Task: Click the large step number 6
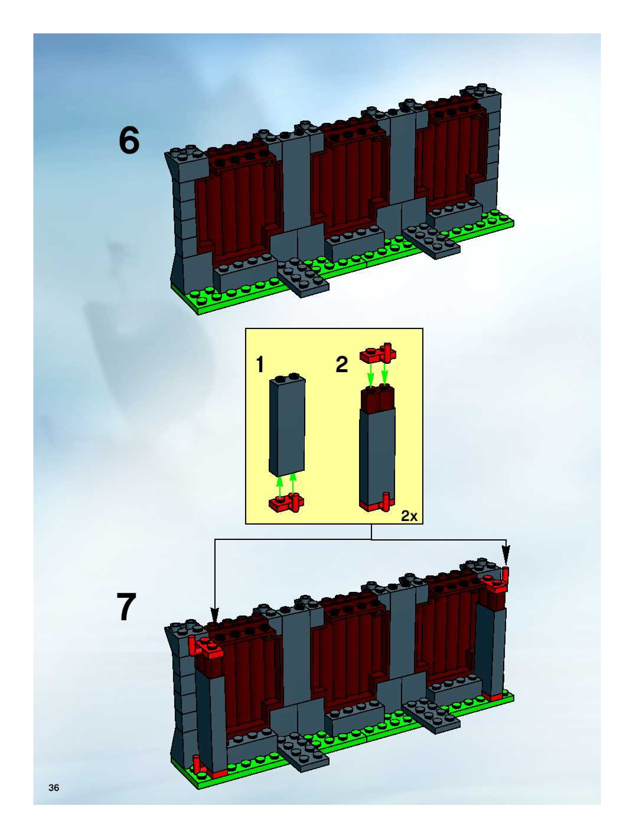click(129, 141)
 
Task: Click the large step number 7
click(126, 607)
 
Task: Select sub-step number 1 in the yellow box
click(260, 364)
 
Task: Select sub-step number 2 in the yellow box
click(342, 364)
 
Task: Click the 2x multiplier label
click(409, 516)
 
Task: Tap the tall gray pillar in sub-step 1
click(287, 427)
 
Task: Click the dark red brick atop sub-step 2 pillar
click(378, 399)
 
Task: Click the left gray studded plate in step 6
click(303, 277)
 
